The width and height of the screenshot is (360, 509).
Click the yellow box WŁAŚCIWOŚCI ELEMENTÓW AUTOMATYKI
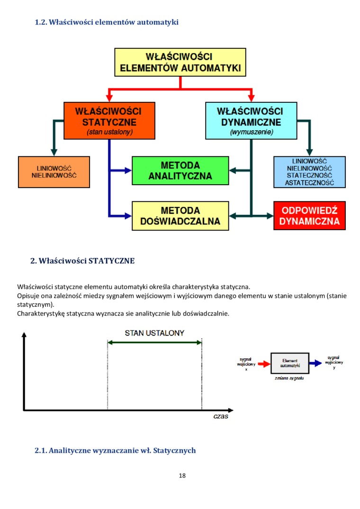pyautogui.click(x=180, y=62)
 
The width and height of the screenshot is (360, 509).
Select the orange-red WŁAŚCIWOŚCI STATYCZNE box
pyautogui.click(x=109, y=121)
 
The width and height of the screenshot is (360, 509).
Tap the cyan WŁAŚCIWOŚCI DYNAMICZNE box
pyautogui.click(x=251, y=121)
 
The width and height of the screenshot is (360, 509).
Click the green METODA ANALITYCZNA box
pyautogui.click(x=180, y=170)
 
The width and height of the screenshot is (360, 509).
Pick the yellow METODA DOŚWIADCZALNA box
pyautogui.click(x=180, y=215)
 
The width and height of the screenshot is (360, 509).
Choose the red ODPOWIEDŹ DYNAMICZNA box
pyautogui.click(x=309, y=215)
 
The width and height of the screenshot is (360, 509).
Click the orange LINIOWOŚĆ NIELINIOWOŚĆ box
pyautogui.click(x=54, y=171)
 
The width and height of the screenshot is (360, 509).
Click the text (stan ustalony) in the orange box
pyautogui.click(x=109, y=133)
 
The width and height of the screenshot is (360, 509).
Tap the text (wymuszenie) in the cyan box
pyautogui.click(x=252, y=133)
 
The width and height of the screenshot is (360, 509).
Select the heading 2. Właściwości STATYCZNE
pyautogui.click(x=82, y=261)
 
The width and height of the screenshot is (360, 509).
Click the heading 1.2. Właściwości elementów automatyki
pyautogui.click(x=107, y=22)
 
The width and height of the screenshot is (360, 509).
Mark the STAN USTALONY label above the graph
pyautogui.click(x=154, y=333)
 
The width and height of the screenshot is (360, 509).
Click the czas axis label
pyautogui.click(x=221, y=417)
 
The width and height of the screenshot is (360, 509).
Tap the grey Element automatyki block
pyautogui.click(x=289, y=363)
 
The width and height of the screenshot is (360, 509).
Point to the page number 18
pyautogui.click(x=182, y=475)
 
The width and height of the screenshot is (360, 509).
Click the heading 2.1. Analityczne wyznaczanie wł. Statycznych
pyautogui.click(x=115, y=450)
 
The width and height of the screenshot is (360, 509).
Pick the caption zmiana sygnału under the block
pyautogui.click(x=289, y=379)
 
